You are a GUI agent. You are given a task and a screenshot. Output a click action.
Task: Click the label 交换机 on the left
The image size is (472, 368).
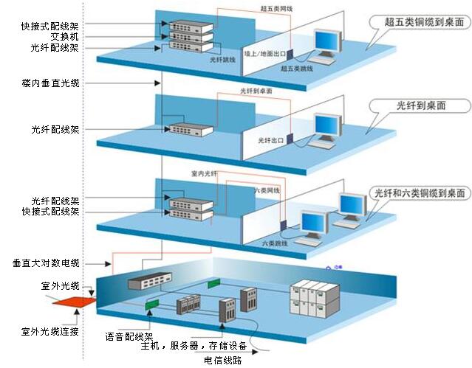tap(66, 37)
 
